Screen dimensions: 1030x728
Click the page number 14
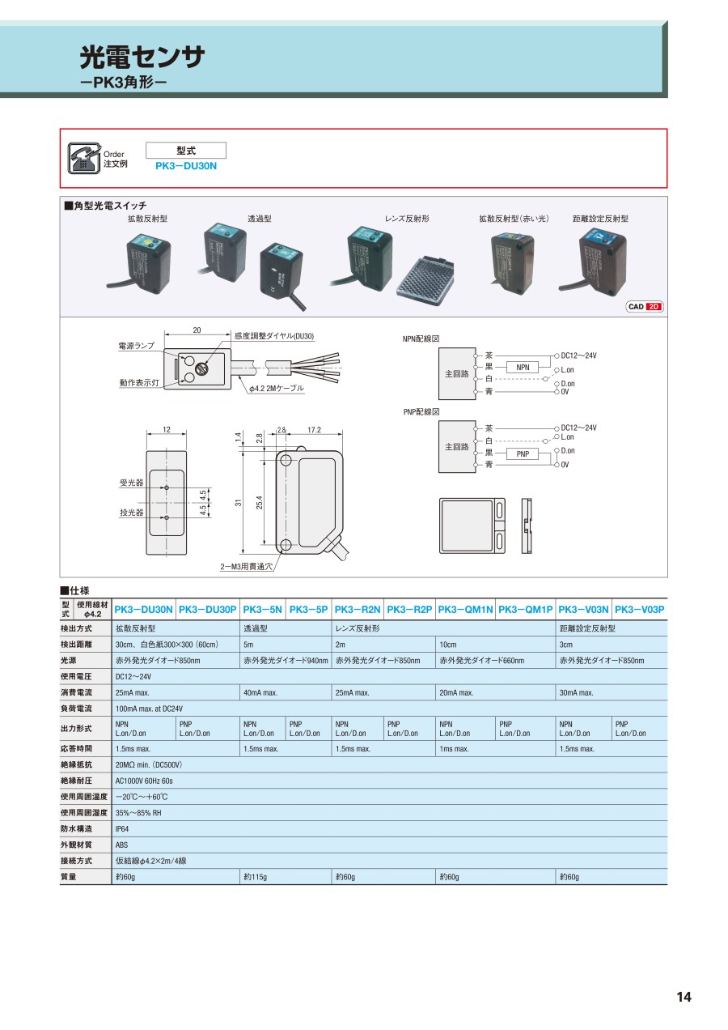point(684,997)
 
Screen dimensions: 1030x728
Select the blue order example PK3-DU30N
point(186,166)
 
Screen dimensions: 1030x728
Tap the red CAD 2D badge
point(645,306)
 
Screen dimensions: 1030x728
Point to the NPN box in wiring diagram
point(523,367)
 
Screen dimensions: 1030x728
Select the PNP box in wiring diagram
point(523,453)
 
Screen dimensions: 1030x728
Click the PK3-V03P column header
point(639,609)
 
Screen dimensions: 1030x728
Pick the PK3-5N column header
point(263,609)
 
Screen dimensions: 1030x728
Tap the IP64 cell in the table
point(122,828)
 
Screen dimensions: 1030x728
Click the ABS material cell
point(122,845)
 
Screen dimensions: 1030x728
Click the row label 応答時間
point(77,748)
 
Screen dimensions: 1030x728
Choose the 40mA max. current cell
point(260,692)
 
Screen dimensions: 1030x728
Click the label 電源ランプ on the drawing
point(137,346)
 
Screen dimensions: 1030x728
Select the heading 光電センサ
point(142,57)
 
